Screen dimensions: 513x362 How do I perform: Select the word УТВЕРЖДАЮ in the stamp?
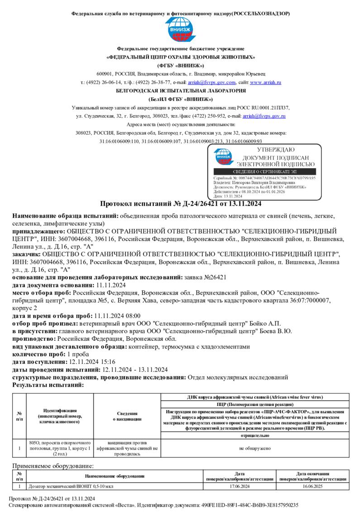(276, 150)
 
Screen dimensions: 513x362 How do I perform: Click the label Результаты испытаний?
(48, 385)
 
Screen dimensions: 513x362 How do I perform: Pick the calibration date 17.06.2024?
(239, 486)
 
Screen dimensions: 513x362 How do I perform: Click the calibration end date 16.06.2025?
(313, 486)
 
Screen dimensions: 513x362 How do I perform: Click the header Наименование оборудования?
(114, 476)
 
